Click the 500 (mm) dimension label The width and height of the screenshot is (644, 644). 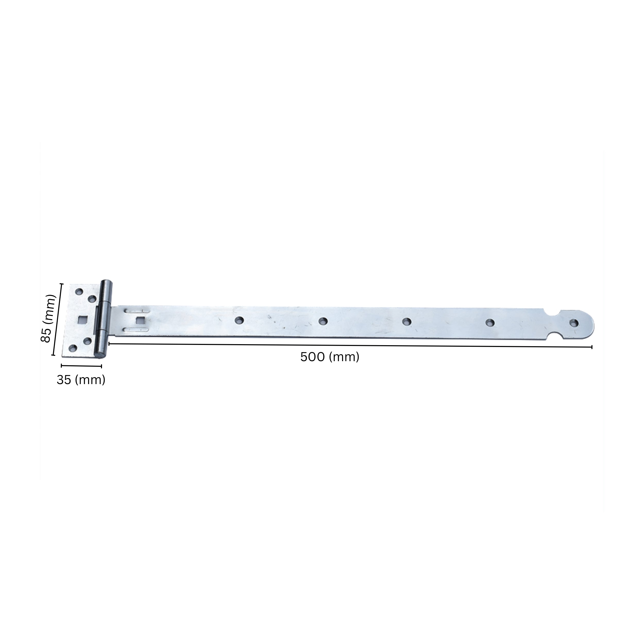point(330,357)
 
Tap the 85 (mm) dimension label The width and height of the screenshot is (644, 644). point(47,318)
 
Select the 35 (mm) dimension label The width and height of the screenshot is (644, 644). point(81,380)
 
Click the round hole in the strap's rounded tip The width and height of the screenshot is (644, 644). point(574,323)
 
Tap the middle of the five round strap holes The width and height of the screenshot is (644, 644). point(406,322)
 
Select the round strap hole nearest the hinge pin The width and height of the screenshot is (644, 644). point(239,321)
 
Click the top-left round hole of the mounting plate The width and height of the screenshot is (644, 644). point(79,292)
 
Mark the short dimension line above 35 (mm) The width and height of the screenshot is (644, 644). point(81,366)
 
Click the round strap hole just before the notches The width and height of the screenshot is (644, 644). point(490,322)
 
